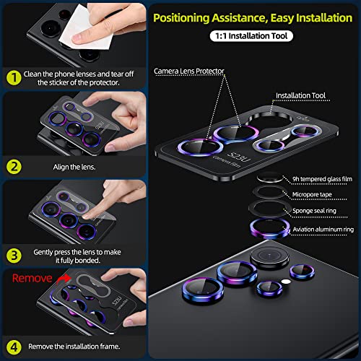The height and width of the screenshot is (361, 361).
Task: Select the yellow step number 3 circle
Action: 12,254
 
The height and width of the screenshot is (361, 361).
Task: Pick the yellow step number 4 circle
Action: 12,344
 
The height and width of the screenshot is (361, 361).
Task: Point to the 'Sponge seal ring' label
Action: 315,209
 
